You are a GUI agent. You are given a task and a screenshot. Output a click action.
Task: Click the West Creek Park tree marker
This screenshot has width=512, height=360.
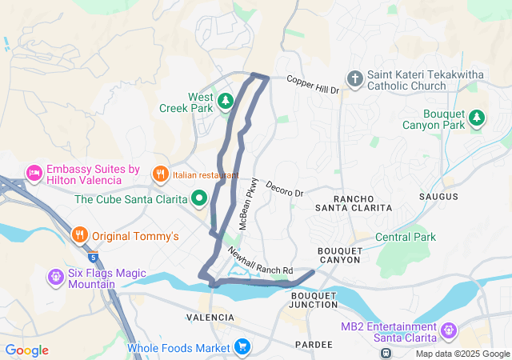[226, 101]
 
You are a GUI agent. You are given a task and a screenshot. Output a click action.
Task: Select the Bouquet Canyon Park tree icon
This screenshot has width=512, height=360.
[477, 118]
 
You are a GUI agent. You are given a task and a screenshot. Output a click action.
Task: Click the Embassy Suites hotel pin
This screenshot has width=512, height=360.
[34, 172]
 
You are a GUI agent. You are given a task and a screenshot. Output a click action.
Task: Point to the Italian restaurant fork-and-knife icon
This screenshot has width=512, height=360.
[160, 174]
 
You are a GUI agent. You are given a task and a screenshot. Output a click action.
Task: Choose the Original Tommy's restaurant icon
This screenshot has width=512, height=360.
[79, 235]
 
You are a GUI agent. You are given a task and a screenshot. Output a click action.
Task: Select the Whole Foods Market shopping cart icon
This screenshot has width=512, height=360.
[242, 347]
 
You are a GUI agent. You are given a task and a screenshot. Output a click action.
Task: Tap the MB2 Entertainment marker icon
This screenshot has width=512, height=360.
[448, 330]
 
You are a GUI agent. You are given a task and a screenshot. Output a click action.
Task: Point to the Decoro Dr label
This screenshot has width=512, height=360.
[286, 189]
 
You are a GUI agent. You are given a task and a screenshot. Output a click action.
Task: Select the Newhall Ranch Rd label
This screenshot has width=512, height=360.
[260, 262]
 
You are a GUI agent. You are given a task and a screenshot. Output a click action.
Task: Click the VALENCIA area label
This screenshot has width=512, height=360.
[210, 318]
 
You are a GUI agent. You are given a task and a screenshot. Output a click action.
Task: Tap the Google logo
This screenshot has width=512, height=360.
[26, 350]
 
